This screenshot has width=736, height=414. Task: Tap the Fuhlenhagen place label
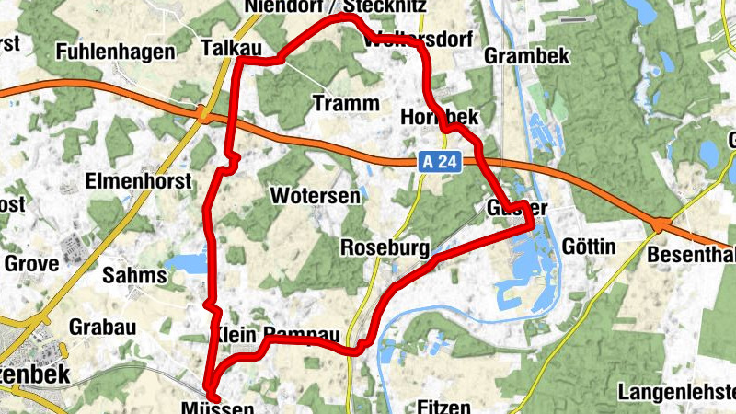[115, 52]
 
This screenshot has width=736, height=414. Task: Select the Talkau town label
[224, 46]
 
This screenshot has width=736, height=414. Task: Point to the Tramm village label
[345, 102]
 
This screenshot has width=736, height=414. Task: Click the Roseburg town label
[385, 247]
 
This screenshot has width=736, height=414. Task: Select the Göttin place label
[588, 247]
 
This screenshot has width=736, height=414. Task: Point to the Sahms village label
[134, 274]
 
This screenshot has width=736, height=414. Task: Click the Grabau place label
[102, 328]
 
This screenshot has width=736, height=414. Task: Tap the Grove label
[31, 263]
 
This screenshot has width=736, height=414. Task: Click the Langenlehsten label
[676, 392]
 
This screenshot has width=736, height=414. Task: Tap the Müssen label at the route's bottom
[218, 406]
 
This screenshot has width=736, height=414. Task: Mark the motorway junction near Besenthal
[661, 224]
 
